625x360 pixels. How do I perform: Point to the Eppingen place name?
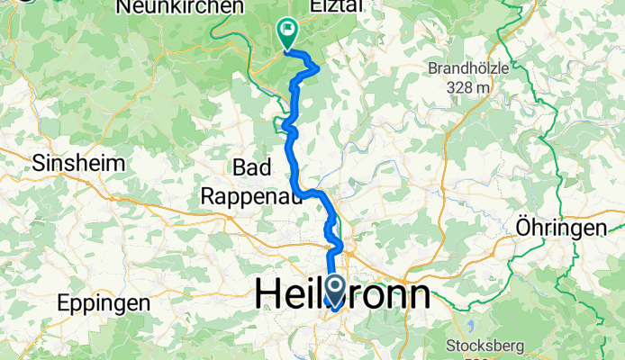103,302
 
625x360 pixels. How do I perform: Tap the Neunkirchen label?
180,6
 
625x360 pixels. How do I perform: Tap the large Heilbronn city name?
343,295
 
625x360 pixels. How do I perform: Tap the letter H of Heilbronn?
268,295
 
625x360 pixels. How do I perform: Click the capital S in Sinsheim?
38,164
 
